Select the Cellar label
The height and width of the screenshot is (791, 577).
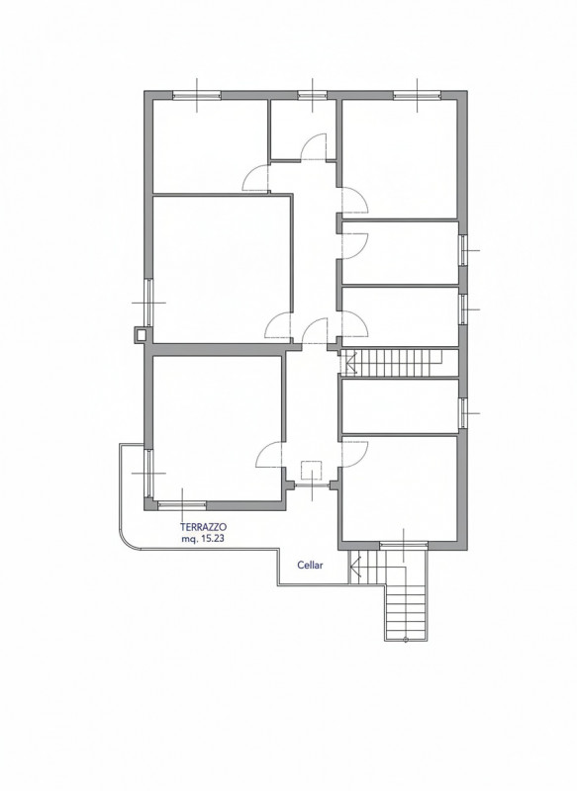[312, 567]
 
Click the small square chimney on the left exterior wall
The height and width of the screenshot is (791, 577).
[140, 335]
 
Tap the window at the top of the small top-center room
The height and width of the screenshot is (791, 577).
[312, 96]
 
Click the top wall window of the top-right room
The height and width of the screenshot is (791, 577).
[416, 96]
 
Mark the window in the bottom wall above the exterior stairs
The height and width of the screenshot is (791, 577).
[404, 545]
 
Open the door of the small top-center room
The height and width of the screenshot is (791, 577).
[313, 146]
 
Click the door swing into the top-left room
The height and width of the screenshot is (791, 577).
[257, 178]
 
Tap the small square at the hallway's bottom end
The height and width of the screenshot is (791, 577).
[312, 471]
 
